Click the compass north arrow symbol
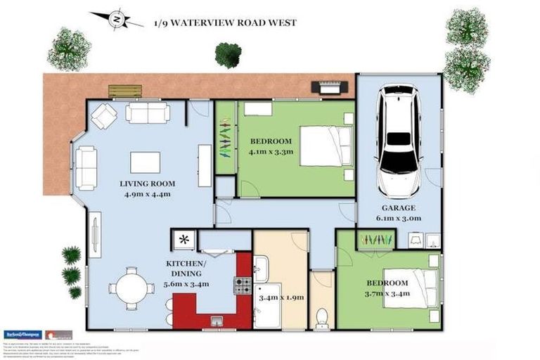coord(116,20)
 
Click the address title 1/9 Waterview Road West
coord(225,22)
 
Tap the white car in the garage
coord(399,144)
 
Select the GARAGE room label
coord(399,208)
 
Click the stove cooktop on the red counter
coord(243,285)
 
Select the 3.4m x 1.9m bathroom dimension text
coord(281,297)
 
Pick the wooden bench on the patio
coord(124,91)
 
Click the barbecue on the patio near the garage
coord(331,88)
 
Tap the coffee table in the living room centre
coord(145,162)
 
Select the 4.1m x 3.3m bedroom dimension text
coord(269,150)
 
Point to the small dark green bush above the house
coord(228,54)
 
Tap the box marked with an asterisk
coord(184,240)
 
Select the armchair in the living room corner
coord(103,115)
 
